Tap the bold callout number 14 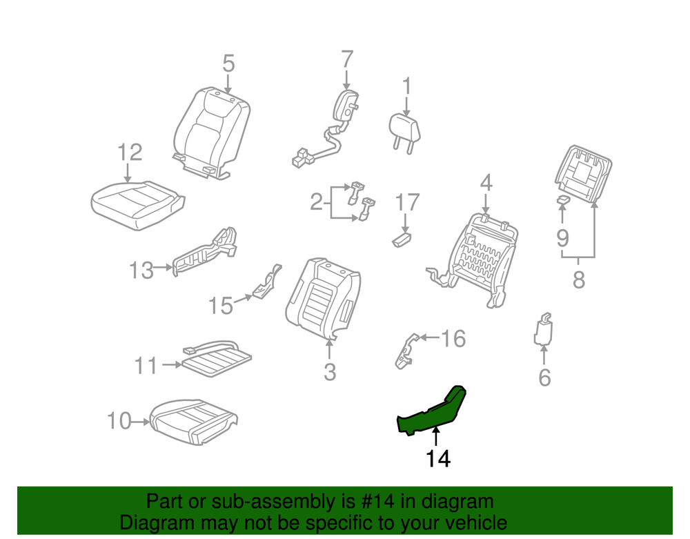coord(438,459)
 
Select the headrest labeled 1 coord(405,132)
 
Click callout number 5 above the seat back coord(228,63)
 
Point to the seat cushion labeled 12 coord(137,206)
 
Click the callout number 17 coord(407,202)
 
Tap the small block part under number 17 coord(402,239)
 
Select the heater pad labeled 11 coord(217,357)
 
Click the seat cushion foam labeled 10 coord(194,422)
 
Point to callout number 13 coord(141,270)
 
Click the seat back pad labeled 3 coord(324,299)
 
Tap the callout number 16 coord(453,339)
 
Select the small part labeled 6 coord(544,329)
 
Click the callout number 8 coord(579,280)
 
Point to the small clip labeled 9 coord(563,200)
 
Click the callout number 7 coord(347,59)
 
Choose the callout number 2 coord(317,202)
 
